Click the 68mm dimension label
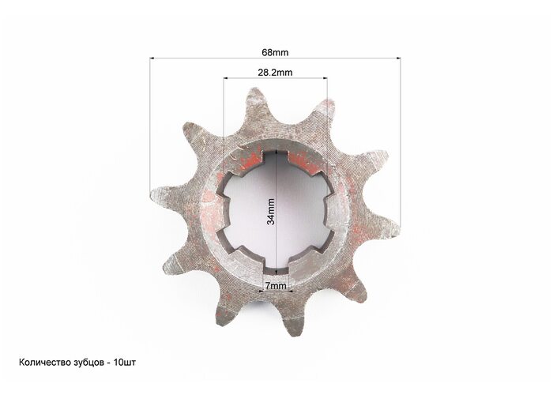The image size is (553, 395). point(275,53)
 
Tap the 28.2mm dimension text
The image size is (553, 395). point(275,73)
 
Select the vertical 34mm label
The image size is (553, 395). point(271,212)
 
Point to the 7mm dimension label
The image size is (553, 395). point(276,285)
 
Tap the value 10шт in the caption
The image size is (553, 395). point(125,363)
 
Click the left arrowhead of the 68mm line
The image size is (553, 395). point(152,58)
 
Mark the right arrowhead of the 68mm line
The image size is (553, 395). point(398,58)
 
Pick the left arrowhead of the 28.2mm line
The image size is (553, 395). point(226,78)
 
